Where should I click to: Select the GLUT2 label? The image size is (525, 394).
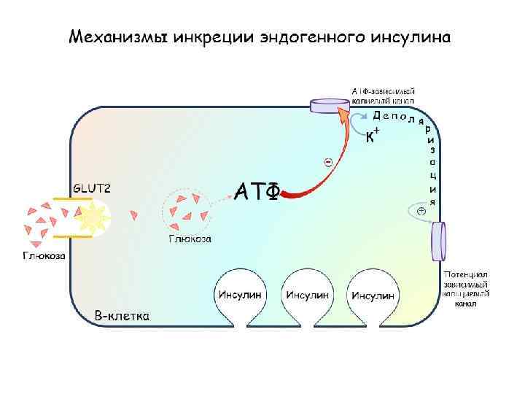[91, 188]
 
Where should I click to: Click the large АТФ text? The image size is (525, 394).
[257, 191]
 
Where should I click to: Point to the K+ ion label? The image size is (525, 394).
[372, 136]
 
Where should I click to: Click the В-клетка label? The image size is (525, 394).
[122, 316]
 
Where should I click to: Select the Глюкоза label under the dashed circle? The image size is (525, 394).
[190, 239]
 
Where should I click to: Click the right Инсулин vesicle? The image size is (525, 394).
[373, 295]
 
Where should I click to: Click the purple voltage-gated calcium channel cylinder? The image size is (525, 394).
[440, 241]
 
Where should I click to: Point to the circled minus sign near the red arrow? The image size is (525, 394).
[328, 161]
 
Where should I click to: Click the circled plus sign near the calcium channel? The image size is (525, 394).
[421, 212]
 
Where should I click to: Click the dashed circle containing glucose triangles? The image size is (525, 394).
[187, 209]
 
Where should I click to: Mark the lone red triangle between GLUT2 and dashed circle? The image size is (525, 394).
[135, 214]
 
